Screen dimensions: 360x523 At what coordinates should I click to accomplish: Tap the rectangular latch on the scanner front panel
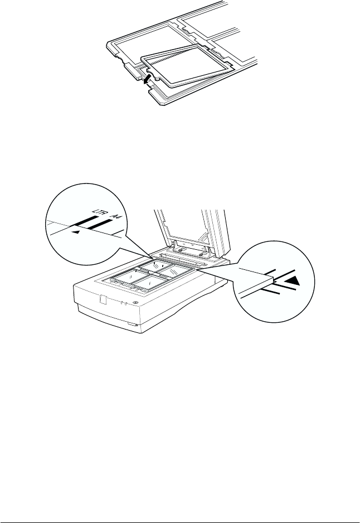103,299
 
